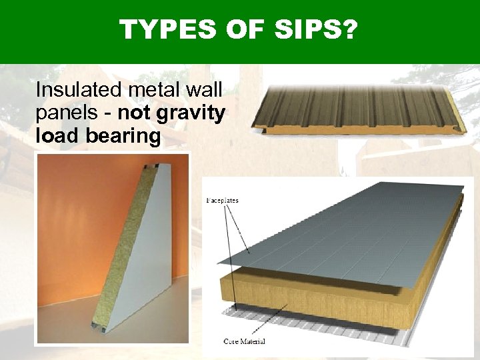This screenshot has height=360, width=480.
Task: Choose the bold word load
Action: pos(55,136)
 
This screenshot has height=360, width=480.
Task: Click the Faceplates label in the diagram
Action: pos(223,199)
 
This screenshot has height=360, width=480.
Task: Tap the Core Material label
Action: pos(244,342)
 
